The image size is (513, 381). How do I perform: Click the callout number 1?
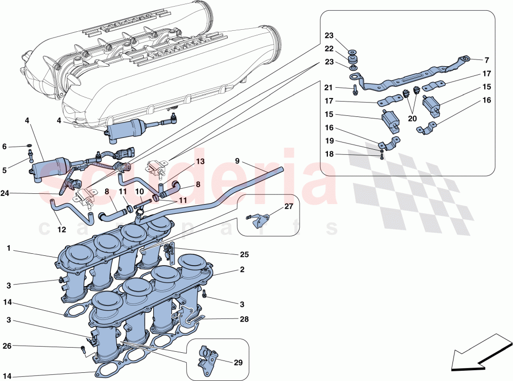pyautogui.click(x=9, y=248)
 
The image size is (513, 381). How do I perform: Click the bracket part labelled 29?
pyautogui.click(x=207, y=357)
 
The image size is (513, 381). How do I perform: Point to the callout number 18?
pyautogui.click(x=329, y=153)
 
